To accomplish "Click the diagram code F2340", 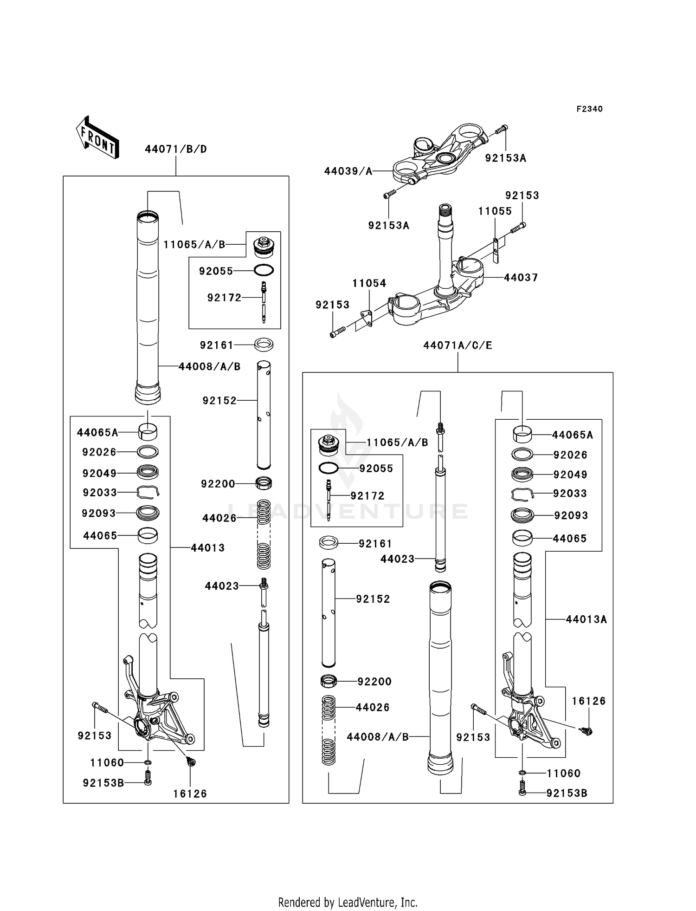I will (x=589, y=109).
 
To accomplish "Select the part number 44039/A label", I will (x=348, y=171).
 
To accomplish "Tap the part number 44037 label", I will (x=521, y=278).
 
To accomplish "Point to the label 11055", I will (x=495, y=211).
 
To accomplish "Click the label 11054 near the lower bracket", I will (x=369, y=283).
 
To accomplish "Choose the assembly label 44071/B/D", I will (x=176, y=150).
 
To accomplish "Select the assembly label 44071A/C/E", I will (x=458, y=345).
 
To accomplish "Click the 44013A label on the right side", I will (x=586, y=619).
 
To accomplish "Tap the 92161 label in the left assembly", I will (x=217, y=345).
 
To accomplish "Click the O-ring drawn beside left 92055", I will (x=264, y=270).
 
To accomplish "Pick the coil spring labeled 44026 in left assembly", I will (x=264, y=534).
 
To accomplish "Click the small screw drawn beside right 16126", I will (x=588, y=732).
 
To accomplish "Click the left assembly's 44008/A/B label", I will (x=209, y=367).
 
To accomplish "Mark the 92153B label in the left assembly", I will (x=103, y=783).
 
